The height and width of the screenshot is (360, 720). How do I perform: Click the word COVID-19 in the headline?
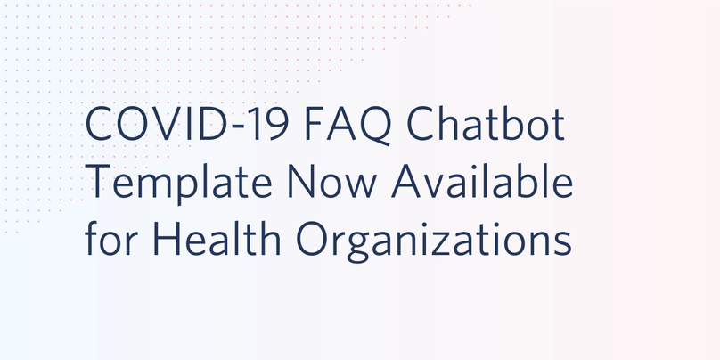(187, 125)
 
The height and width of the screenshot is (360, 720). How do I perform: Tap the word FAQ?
(348, 126)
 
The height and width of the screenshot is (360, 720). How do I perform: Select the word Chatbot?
(486, 124)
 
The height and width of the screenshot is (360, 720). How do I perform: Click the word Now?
(332, 182)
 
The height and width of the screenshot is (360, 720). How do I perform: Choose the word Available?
(482, 181)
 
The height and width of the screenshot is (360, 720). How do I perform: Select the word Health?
(215, 238)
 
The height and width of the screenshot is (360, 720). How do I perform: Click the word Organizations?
(434, 241)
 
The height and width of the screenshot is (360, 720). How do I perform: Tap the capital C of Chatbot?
(421, 125)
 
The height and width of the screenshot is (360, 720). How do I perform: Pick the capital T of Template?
(98, 182)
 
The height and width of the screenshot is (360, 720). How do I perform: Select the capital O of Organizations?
(312, 239)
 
